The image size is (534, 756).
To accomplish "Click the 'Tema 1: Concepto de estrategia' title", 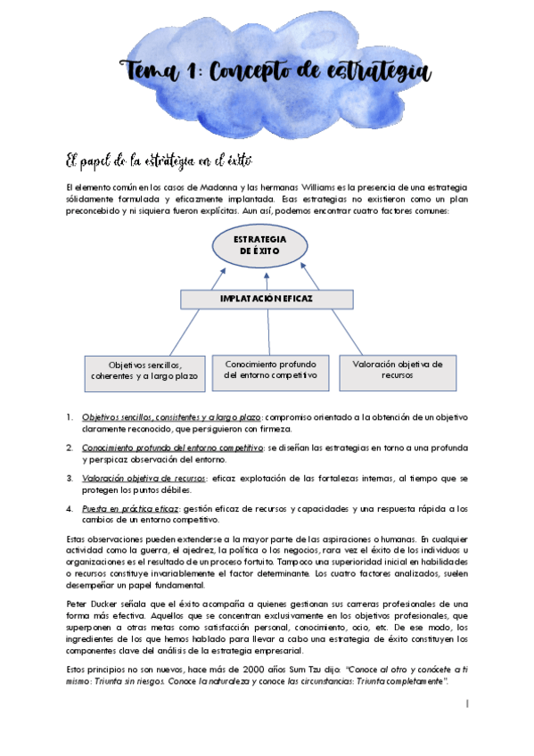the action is click(x=276, y=71).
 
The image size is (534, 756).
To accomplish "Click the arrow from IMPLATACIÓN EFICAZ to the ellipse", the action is click(x=267, y=282).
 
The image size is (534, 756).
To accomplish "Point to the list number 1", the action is click(x=70, y=417).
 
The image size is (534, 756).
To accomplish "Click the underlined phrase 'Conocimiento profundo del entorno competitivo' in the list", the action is click(x=171, y=448).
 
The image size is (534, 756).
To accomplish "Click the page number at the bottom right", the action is click(x=467, y=704).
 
